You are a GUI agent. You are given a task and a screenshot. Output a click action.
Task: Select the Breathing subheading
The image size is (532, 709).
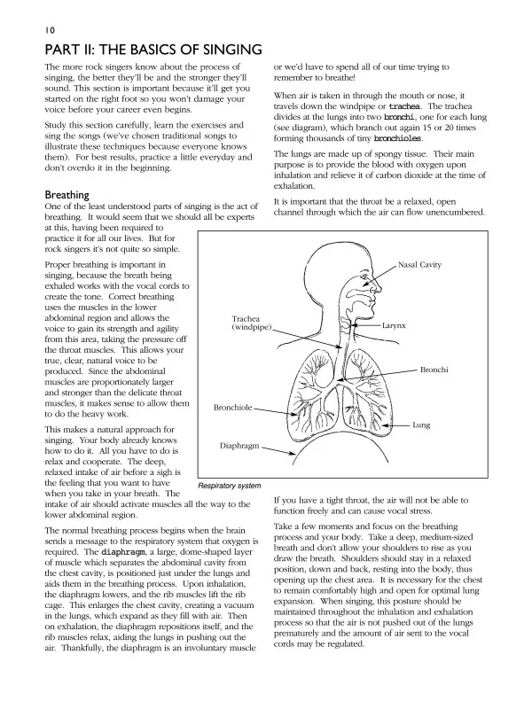66,194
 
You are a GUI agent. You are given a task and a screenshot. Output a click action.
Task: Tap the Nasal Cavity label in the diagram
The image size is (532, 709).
419,265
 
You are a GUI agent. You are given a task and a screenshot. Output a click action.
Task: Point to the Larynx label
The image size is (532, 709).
394,326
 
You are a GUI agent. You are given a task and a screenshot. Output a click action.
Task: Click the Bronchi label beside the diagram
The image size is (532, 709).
434,369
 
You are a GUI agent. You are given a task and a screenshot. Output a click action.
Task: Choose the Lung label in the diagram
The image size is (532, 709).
421,425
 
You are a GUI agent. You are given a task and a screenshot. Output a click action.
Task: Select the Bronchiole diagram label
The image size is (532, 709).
232,408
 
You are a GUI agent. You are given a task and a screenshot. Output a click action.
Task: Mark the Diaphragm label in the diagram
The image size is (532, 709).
239,447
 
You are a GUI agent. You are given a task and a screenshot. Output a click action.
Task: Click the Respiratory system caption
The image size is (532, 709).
229,486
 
